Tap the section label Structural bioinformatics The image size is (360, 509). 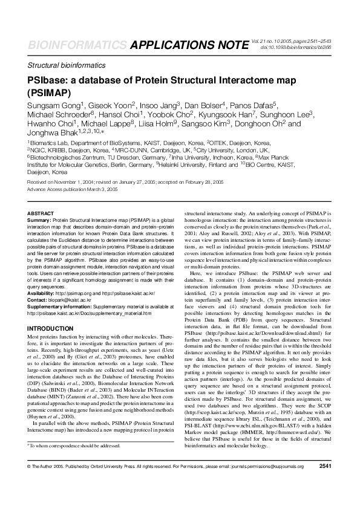point(67,65)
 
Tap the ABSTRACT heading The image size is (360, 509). point(41,214)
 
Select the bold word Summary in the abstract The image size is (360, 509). point(39,221)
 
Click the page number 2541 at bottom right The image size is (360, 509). point(325,484)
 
